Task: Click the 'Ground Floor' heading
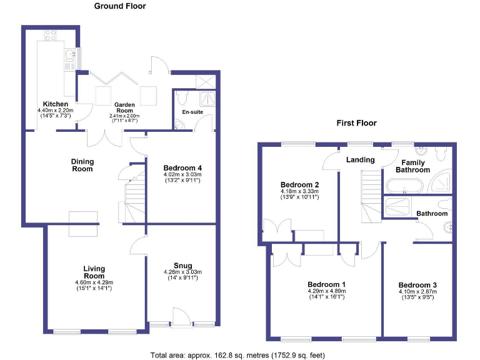(119, 6)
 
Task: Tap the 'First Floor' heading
(356, 122)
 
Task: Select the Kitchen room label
(55, 104)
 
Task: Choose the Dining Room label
(82, 165)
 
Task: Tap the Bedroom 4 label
(182, 168)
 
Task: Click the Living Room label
(94, 272)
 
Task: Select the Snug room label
(182, 264)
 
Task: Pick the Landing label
(361, 160)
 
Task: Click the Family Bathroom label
(411, 166)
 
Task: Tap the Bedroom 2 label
(299, 185)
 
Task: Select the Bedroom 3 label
(417, 284)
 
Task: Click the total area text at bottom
(237, 355)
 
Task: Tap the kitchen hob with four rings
(51, 35)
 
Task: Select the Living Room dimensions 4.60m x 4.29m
(94, 282)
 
